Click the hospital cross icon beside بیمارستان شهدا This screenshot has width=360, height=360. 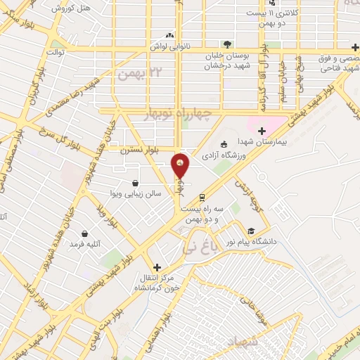262,130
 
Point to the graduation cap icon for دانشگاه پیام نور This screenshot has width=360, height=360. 251,231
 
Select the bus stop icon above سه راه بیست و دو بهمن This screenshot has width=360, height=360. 202,198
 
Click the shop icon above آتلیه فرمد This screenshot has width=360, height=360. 85,233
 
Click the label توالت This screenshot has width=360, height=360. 56,51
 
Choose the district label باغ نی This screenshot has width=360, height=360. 198,247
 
